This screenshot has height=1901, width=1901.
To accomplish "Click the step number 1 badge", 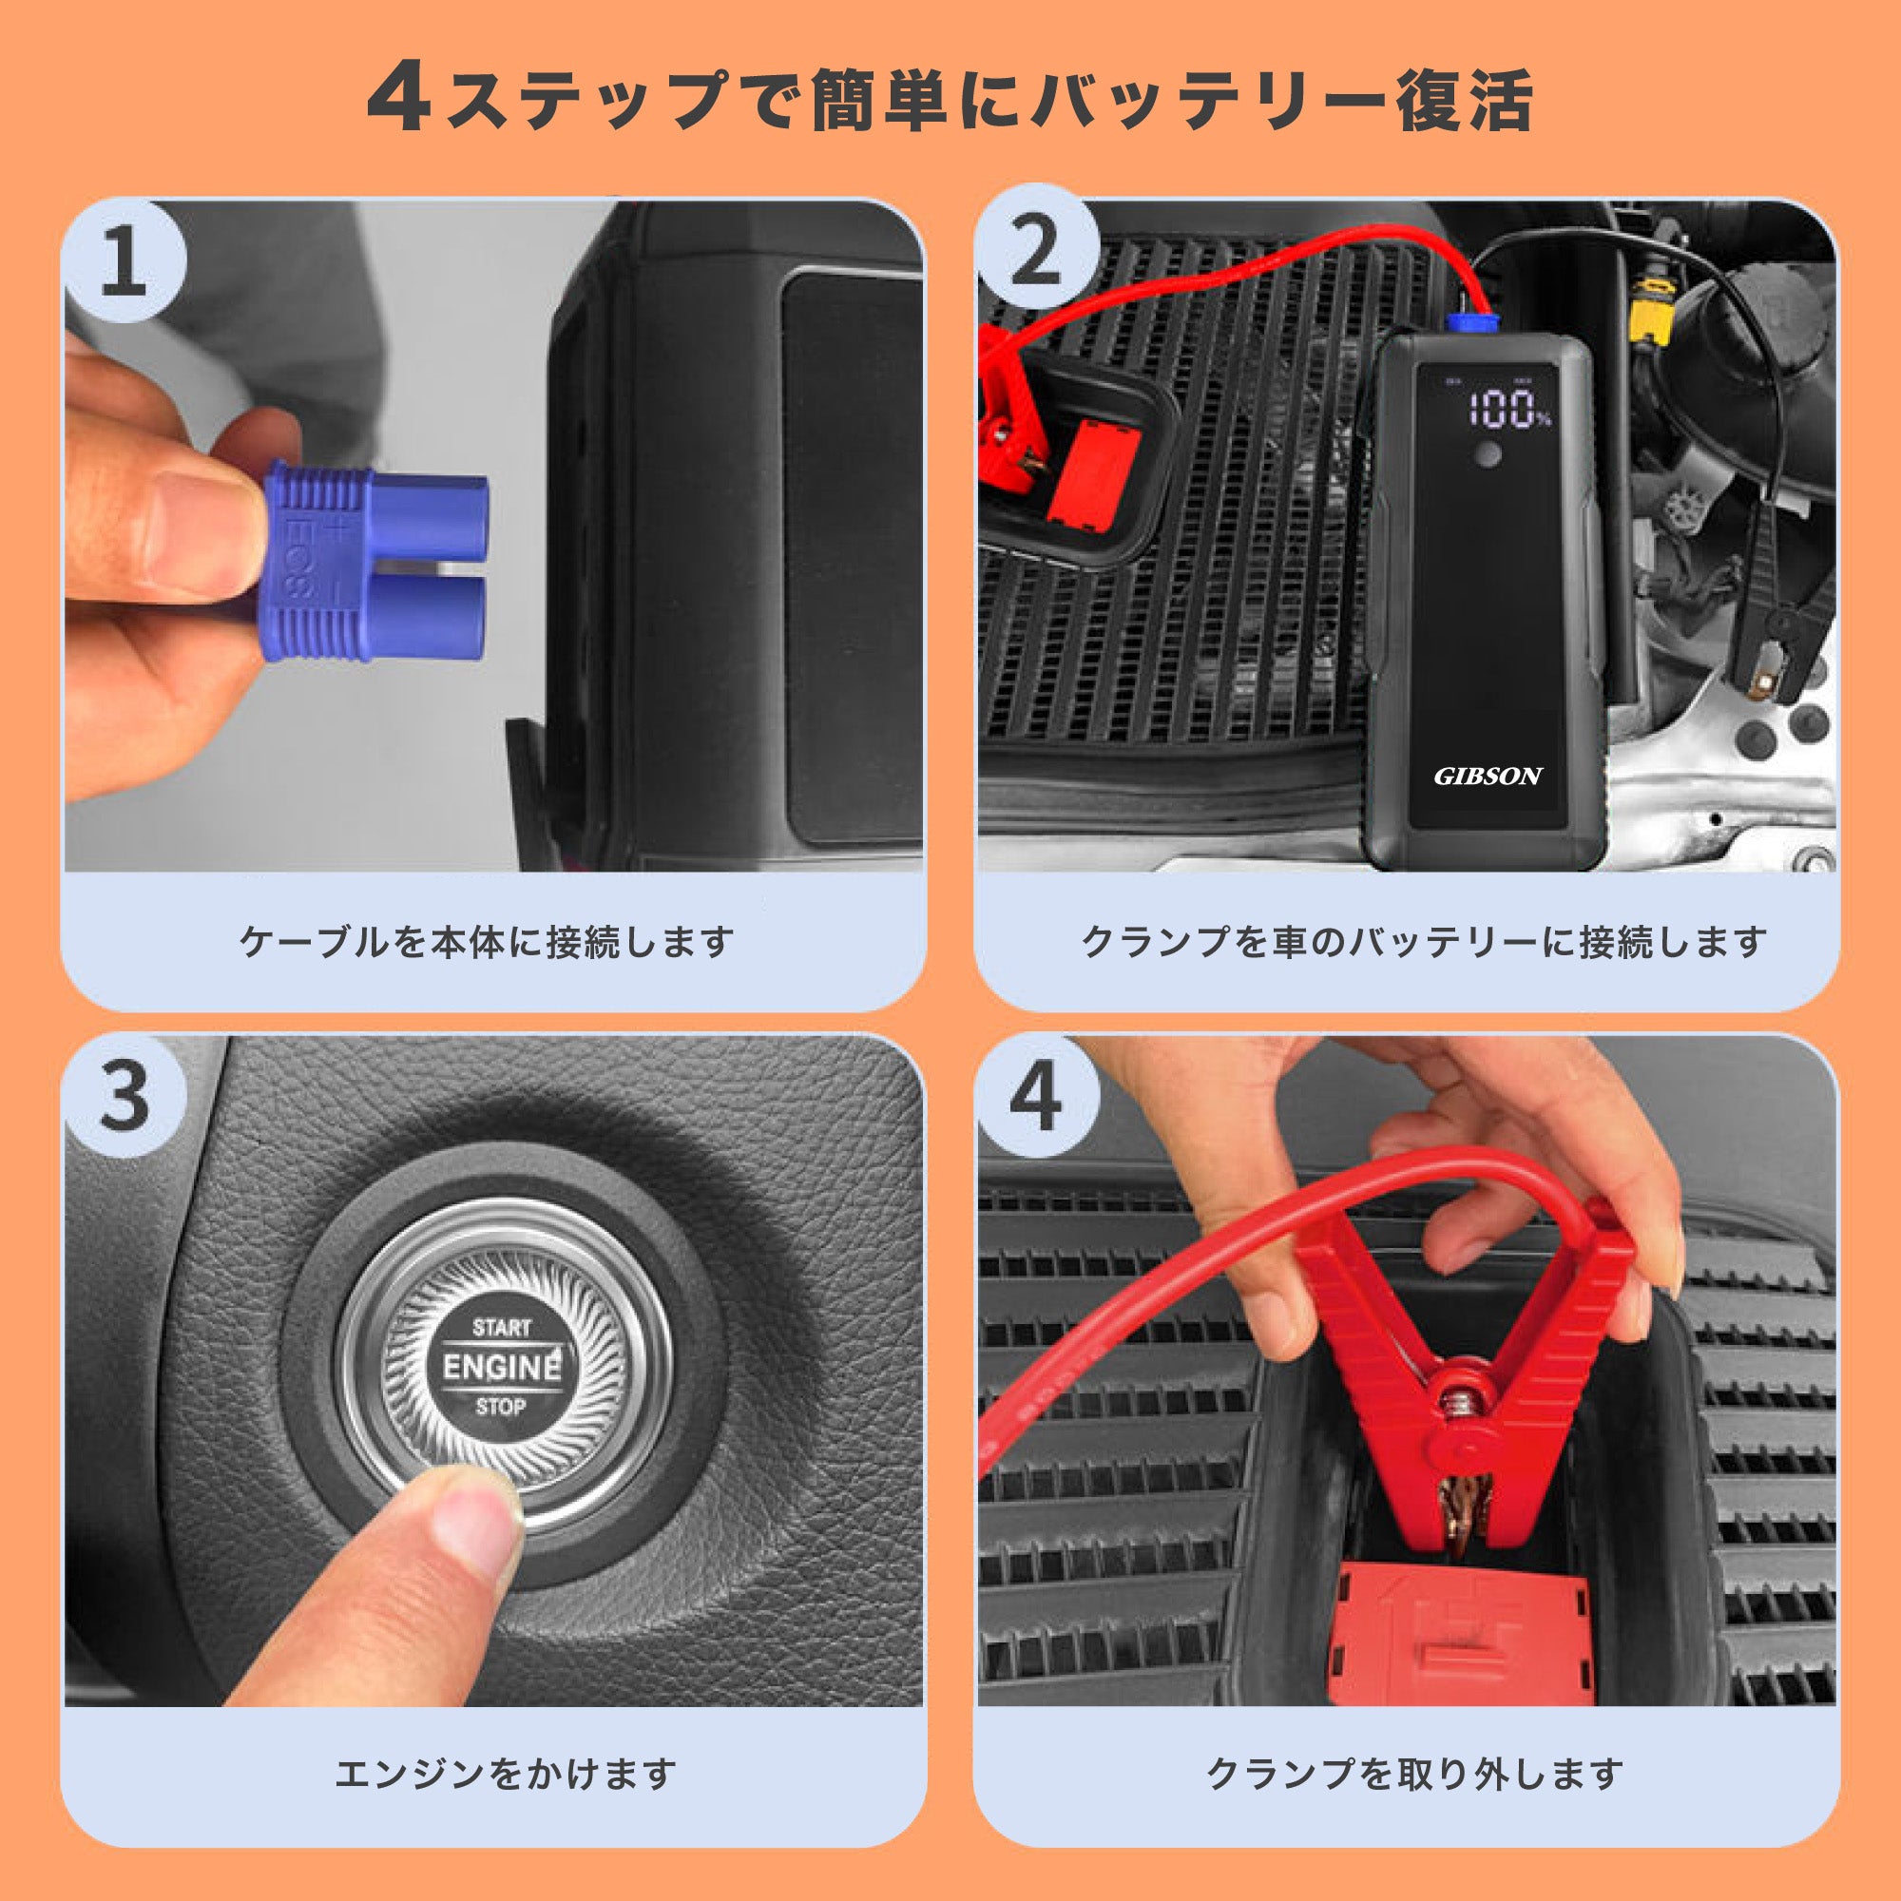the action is click(124, 259).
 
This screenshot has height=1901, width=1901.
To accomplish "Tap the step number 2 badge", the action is click(1035, 250).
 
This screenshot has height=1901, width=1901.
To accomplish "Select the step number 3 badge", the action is click(124, 1094).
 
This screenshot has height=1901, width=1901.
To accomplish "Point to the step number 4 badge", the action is click(1035, 1094).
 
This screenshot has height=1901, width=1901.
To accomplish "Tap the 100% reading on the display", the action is click(1508, 410).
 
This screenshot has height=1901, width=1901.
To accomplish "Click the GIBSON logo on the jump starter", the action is click(1487, 777).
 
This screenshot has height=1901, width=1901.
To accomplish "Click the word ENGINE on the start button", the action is click(502, 1367).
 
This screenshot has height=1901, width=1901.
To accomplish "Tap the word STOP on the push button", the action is click(501, 1407).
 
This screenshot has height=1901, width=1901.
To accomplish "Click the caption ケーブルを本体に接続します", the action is click(487, 943).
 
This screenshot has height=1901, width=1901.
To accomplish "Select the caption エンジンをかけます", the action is click(505, 1774).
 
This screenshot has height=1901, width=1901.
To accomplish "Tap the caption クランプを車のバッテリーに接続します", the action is click(1424, 943).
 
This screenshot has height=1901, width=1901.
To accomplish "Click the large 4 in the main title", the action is click(397, 100).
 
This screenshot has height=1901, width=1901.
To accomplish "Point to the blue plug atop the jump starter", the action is click(1470, 322).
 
